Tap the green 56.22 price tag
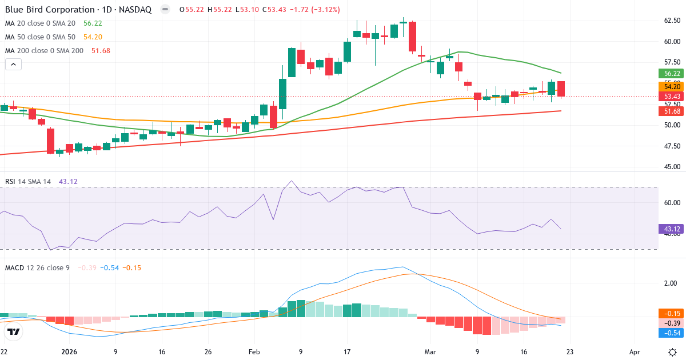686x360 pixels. pyautogui.click(x=671, y=74)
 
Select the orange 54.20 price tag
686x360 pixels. pyautogui.click(x=671, y=86)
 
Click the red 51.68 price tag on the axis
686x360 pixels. pyautogui.click(x=671, y=111)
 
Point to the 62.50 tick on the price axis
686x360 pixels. pyautogui.click(x=672, y=21)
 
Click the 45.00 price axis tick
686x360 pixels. pyautogui.click(x=672, y=167)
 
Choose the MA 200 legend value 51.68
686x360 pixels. pyautogui.click(x=101, y=51)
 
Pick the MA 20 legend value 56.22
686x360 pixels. pyautogui.click(x=93, y=23)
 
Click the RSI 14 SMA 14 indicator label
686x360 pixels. pyautogui.click(x=28, y=182)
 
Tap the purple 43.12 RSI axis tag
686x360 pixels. pyautogui.click(x=671, y=229)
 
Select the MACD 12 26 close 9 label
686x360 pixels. pyautogui.click(x=37, y=267)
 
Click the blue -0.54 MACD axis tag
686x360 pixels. pyautogui.click(x=671, y=333)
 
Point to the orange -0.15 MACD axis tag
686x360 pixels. pyautogui.click(x=671, y=313)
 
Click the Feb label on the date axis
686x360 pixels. pyautogui.click(x=254, y=352)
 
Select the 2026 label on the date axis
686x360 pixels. pyautogui.click(x=69, y=352)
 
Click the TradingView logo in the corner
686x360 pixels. pyautogui.click(x=14, y=332)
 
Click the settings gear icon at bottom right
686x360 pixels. pyautogui.click(x=672, y=351)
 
